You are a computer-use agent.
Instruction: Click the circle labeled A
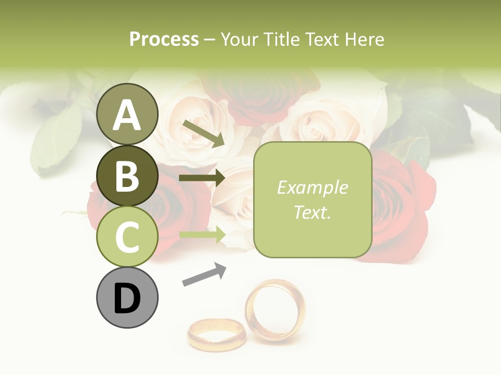[127, 114]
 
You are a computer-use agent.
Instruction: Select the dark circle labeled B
[127, 176]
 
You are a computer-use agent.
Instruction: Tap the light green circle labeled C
[127, 237]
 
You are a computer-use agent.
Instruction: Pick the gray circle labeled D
[127, 298]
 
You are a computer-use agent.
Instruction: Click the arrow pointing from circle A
[204, 133]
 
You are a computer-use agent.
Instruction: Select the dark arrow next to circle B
[202, 178]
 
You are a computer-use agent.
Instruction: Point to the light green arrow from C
[202, 235]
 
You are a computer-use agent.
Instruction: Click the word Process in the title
[164, 39]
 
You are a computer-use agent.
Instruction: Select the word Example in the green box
[312, 187]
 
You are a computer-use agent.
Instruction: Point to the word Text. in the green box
[312, 212]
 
